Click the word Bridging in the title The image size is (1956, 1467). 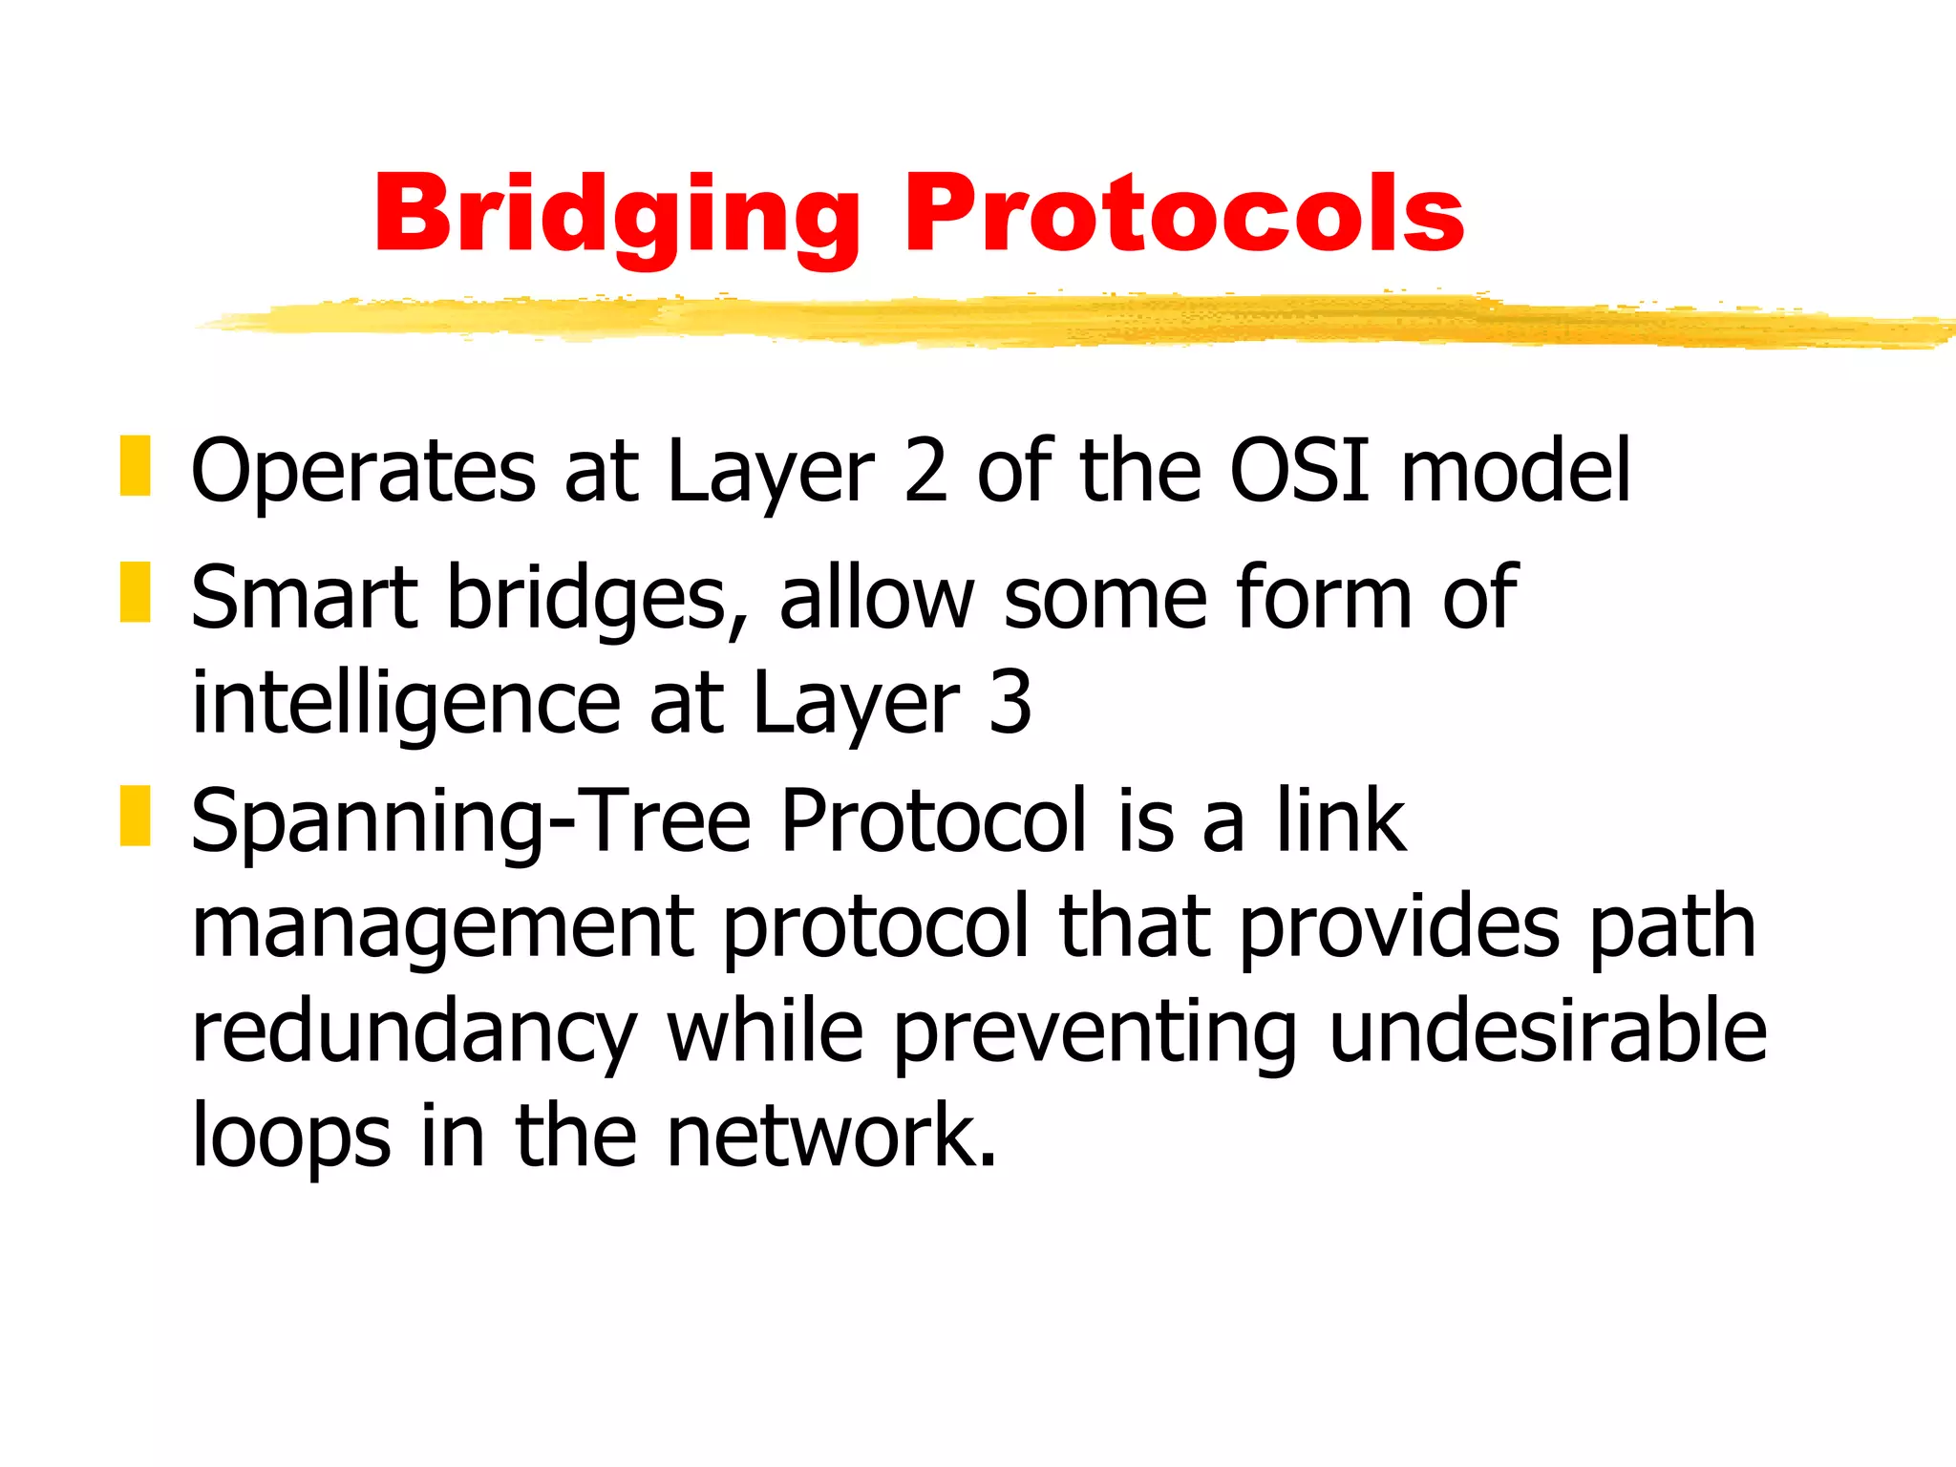(617, 215)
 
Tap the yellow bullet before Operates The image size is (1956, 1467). (136, 466)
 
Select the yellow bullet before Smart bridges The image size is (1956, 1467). (136, 593)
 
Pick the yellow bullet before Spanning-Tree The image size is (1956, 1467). (136, 816)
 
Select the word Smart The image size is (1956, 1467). (304, 598)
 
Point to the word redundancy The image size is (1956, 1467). (414, 1033)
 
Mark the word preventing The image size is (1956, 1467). (1095, 1033)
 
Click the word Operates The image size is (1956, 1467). (363, 472)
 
